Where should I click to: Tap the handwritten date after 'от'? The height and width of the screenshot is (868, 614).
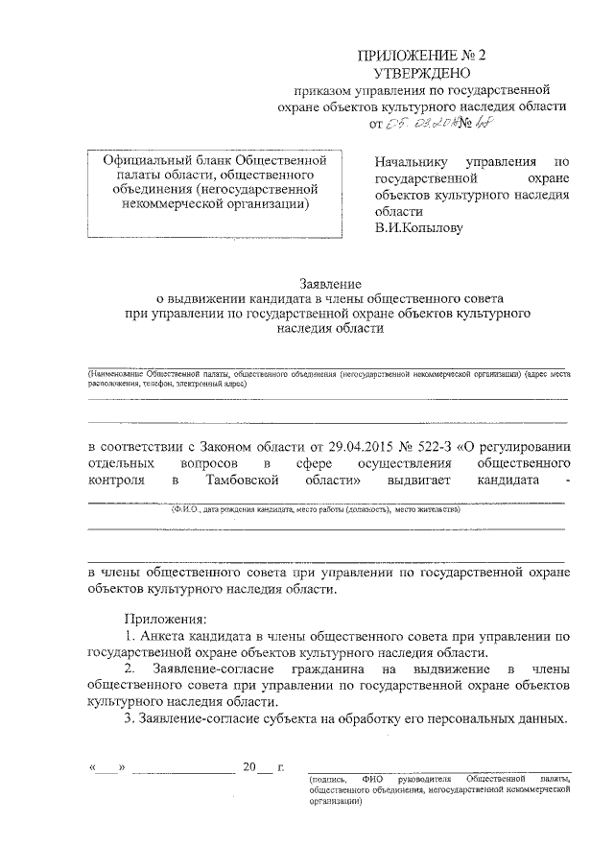(423, 124)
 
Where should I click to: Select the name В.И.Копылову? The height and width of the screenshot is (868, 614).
(419, 229)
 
